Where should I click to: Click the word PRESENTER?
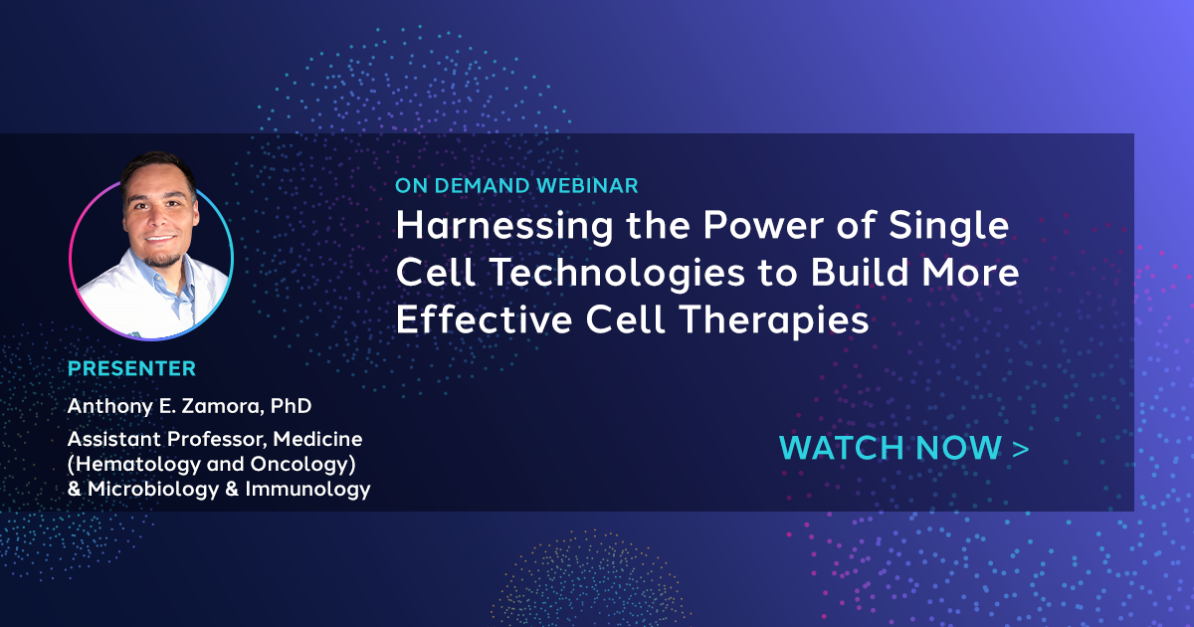pyautogui.click(x=131, y=368)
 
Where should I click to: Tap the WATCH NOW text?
pyautogui.click(x=891, y=447)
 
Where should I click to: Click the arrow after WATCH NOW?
pyautogui.click(x=1020, y=449)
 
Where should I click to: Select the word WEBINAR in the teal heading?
pyautogui.click(x=587, y=185)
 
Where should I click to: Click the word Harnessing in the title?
pyautogui.click(x=504, y=227)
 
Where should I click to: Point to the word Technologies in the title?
pyautogui.click(x=616, y=274)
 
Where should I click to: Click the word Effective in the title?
pyautogui.click(x=484, y=319)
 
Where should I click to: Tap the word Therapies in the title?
pyautogui.click(x=774, y=320)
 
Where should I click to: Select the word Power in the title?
pyautogui.click(x=763, y=225)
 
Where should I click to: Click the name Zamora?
pyautogui.click(x=220, y=406)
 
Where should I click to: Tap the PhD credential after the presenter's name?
pyautogui.click(x=291, y=406)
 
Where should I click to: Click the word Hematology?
pyautogui.click(x=133, y=465)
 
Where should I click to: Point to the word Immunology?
pyautogui.click(x=307, y=490)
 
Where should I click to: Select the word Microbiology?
pyautogui.click(x=153, y=490)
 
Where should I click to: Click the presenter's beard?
pyautogui.click(x=162, y=259)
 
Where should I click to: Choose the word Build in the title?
pyautogui.click(x=860, y=272)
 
